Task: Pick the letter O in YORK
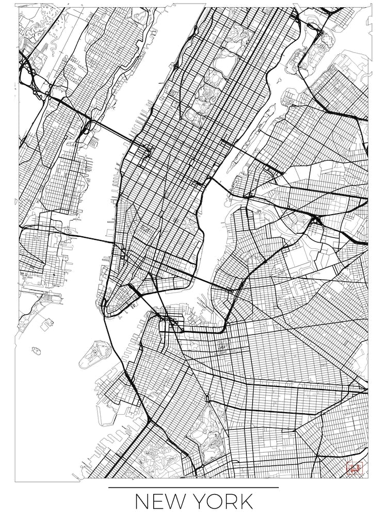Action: [x=213, y=502]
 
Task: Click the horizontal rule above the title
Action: [x=193, y=487]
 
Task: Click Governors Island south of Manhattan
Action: [x=95, y=353]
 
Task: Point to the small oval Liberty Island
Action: [x=36, y=350]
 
